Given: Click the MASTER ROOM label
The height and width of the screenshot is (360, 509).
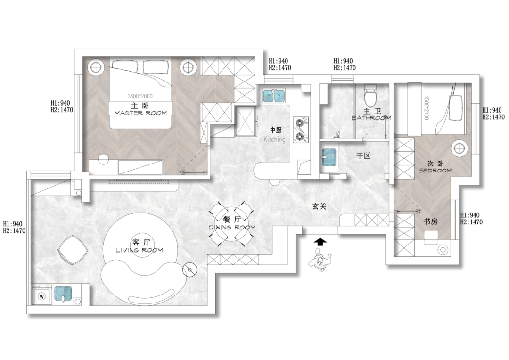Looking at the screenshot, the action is (140, 113).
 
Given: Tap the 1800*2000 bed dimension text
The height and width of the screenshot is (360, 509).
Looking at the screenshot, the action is (140, 96).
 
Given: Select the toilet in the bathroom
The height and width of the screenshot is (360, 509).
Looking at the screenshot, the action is (370, 93).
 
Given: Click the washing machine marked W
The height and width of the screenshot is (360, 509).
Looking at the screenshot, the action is (41, 295).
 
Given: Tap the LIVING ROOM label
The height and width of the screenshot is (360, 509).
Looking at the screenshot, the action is (140, 250).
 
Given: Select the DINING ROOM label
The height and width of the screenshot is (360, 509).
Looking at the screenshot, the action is (232, 227).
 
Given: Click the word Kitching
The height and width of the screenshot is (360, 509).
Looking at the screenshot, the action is (274, 139).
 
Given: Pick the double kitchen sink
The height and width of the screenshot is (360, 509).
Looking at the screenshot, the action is (273, 96).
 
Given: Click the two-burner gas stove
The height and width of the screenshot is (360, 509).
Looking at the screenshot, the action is (300, 130).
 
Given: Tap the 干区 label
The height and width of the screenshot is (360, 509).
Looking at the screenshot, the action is (363, 156).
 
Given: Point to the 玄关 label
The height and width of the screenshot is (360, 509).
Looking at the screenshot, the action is (320, 206).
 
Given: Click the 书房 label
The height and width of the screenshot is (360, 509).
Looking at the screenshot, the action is (430, 222).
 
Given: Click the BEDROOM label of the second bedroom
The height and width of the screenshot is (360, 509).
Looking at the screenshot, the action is (435, 171).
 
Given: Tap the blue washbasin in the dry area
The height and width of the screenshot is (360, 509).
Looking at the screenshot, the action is (329, 157).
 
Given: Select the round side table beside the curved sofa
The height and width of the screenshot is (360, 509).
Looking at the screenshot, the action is (189, 270).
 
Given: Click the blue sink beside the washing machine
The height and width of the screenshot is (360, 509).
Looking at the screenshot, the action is (63, 294).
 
